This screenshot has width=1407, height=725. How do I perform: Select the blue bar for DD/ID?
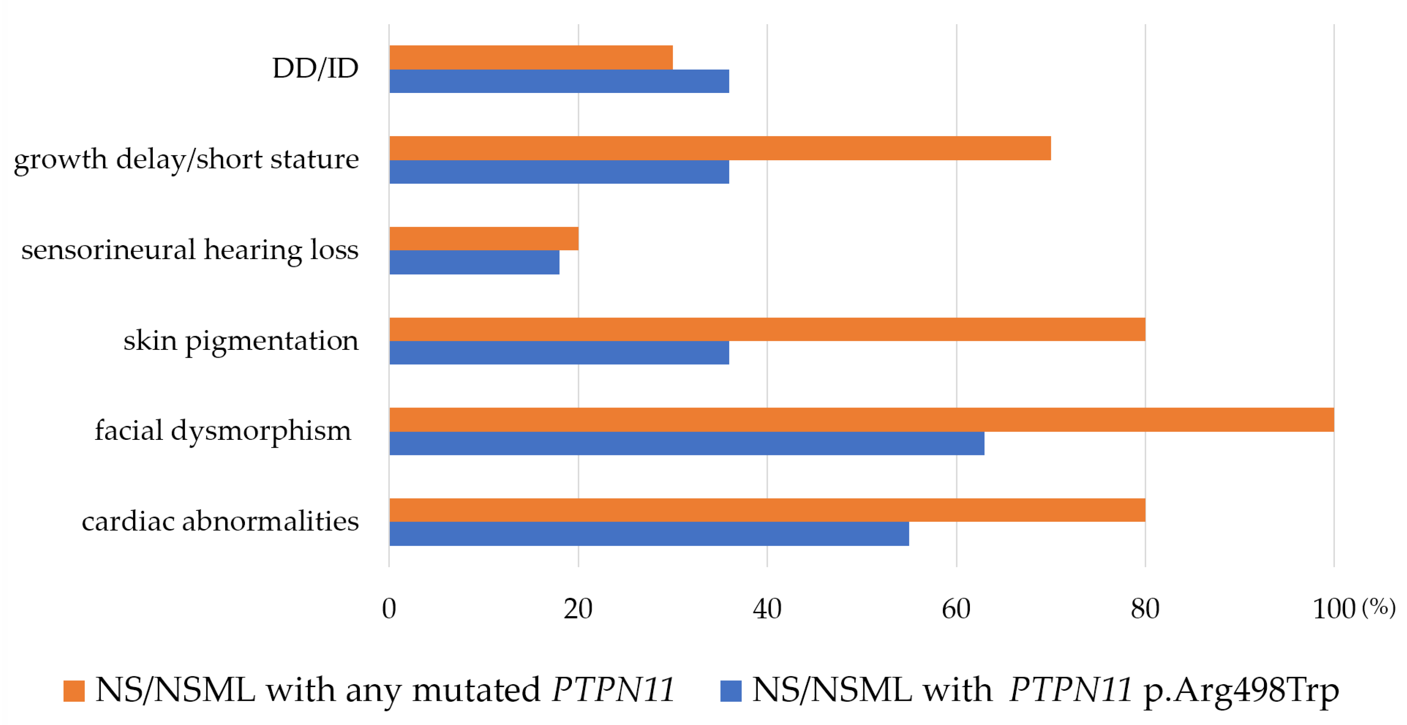pos(559,81)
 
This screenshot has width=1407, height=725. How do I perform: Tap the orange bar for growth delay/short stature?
pos(720,148)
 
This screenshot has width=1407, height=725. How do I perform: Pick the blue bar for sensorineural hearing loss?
pos(474,262)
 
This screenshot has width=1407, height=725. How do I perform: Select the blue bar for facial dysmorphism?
pos(686,443)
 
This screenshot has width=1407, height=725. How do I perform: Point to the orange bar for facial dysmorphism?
pos(861,420)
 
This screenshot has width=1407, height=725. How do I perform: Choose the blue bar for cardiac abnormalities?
pos(649,534)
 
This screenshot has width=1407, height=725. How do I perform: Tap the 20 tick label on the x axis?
pos(578,609)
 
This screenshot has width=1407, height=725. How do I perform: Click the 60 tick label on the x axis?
pos(956,609)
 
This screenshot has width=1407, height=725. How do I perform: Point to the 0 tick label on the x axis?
pos(389,609)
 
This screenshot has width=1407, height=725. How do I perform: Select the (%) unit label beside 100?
pos(1379,607)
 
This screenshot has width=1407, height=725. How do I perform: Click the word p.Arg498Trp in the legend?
pos(1241,690)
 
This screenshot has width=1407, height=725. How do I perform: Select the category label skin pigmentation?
pos(241,341)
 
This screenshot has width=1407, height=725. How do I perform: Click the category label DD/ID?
pos(315,69)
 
